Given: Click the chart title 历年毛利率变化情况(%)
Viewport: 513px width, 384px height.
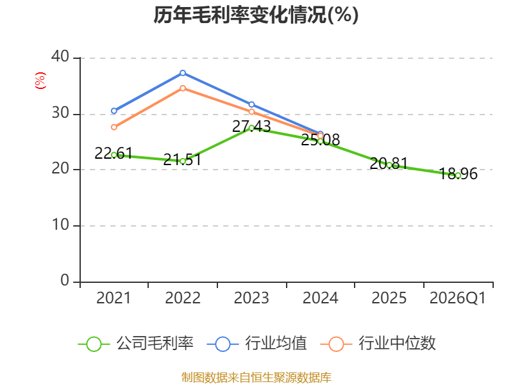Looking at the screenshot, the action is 256,15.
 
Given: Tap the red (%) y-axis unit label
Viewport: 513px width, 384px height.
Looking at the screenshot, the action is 40,81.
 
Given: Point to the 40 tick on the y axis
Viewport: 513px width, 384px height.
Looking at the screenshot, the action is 60,56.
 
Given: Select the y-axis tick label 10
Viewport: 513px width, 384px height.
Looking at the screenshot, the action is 60,225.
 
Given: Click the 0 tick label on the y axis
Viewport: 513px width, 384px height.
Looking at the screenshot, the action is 65,280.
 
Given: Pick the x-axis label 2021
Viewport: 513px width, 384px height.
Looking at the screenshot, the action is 114,298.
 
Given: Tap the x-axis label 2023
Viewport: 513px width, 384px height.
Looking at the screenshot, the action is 251,298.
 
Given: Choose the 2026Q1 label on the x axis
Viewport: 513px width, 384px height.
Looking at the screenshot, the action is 458,298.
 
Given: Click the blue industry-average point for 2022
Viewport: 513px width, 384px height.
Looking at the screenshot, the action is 183,73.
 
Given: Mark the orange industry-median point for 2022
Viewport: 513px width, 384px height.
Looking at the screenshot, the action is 183,88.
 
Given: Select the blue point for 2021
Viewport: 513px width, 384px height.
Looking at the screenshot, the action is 114,111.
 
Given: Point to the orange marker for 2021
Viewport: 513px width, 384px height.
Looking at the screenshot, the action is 114,127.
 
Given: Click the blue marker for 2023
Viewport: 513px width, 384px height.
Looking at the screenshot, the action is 251,104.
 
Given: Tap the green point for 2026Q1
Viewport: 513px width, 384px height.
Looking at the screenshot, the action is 458,175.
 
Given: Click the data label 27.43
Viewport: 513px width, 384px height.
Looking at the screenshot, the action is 251,126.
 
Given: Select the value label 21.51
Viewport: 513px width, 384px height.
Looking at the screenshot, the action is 182,159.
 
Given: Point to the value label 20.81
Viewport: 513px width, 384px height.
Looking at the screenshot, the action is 389,163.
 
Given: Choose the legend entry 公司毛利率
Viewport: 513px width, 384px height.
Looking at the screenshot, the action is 135,344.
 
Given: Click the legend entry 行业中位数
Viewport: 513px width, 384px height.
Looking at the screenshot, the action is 378,344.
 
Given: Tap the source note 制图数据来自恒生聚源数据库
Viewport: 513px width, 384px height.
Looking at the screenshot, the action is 256,378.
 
